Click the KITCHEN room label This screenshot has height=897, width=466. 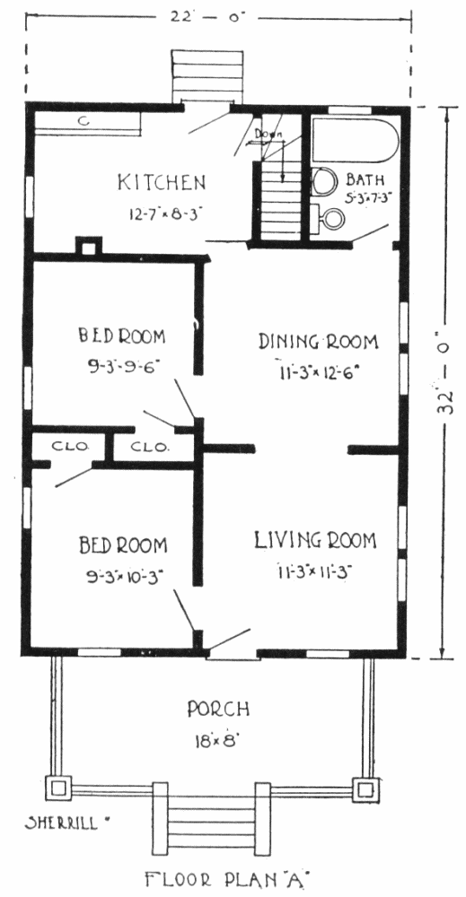pos(161,182)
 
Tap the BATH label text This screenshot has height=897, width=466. pos(365,180)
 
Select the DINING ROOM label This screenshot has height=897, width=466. pos(318,342)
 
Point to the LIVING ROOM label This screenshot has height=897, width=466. pos(315,541)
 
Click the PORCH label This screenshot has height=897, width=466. pos(218,710)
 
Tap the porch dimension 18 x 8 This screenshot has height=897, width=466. pos(216,741)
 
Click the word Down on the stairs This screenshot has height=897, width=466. pos(266,135)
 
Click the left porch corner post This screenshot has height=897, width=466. pos(58,788)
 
